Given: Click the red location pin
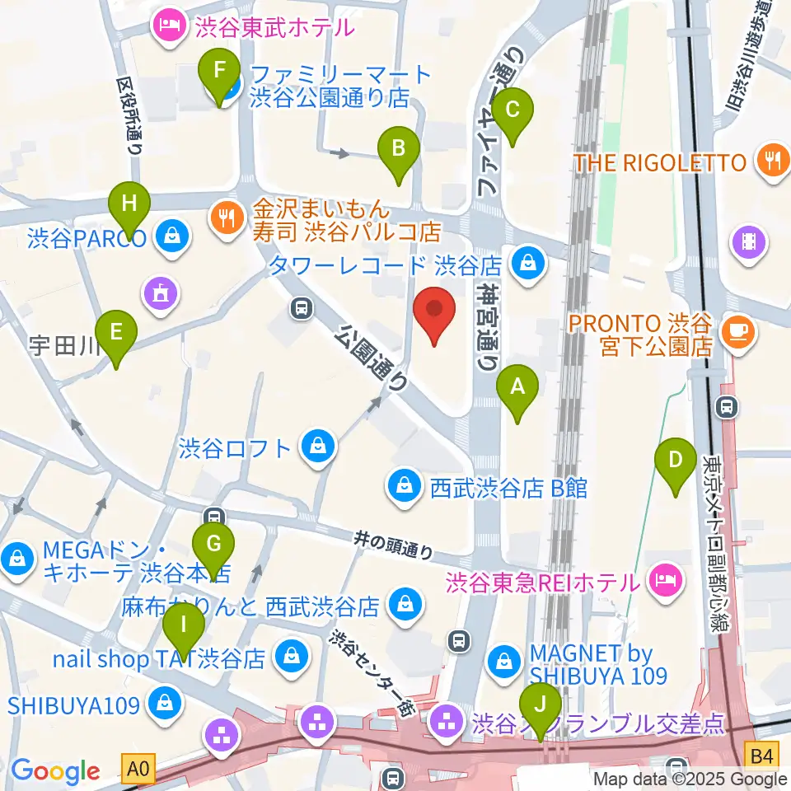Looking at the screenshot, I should (438, 316).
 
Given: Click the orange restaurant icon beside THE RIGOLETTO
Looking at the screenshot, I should (771, 161).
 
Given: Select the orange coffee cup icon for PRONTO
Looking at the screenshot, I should (736, 332).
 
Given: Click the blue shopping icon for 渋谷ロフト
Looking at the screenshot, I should (317, 448).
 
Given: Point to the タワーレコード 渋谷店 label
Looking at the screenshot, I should (386, 265).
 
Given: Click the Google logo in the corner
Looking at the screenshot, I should (54, 771).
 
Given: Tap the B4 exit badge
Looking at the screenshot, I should (762, 753).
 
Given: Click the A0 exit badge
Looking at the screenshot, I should (138, 770).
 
